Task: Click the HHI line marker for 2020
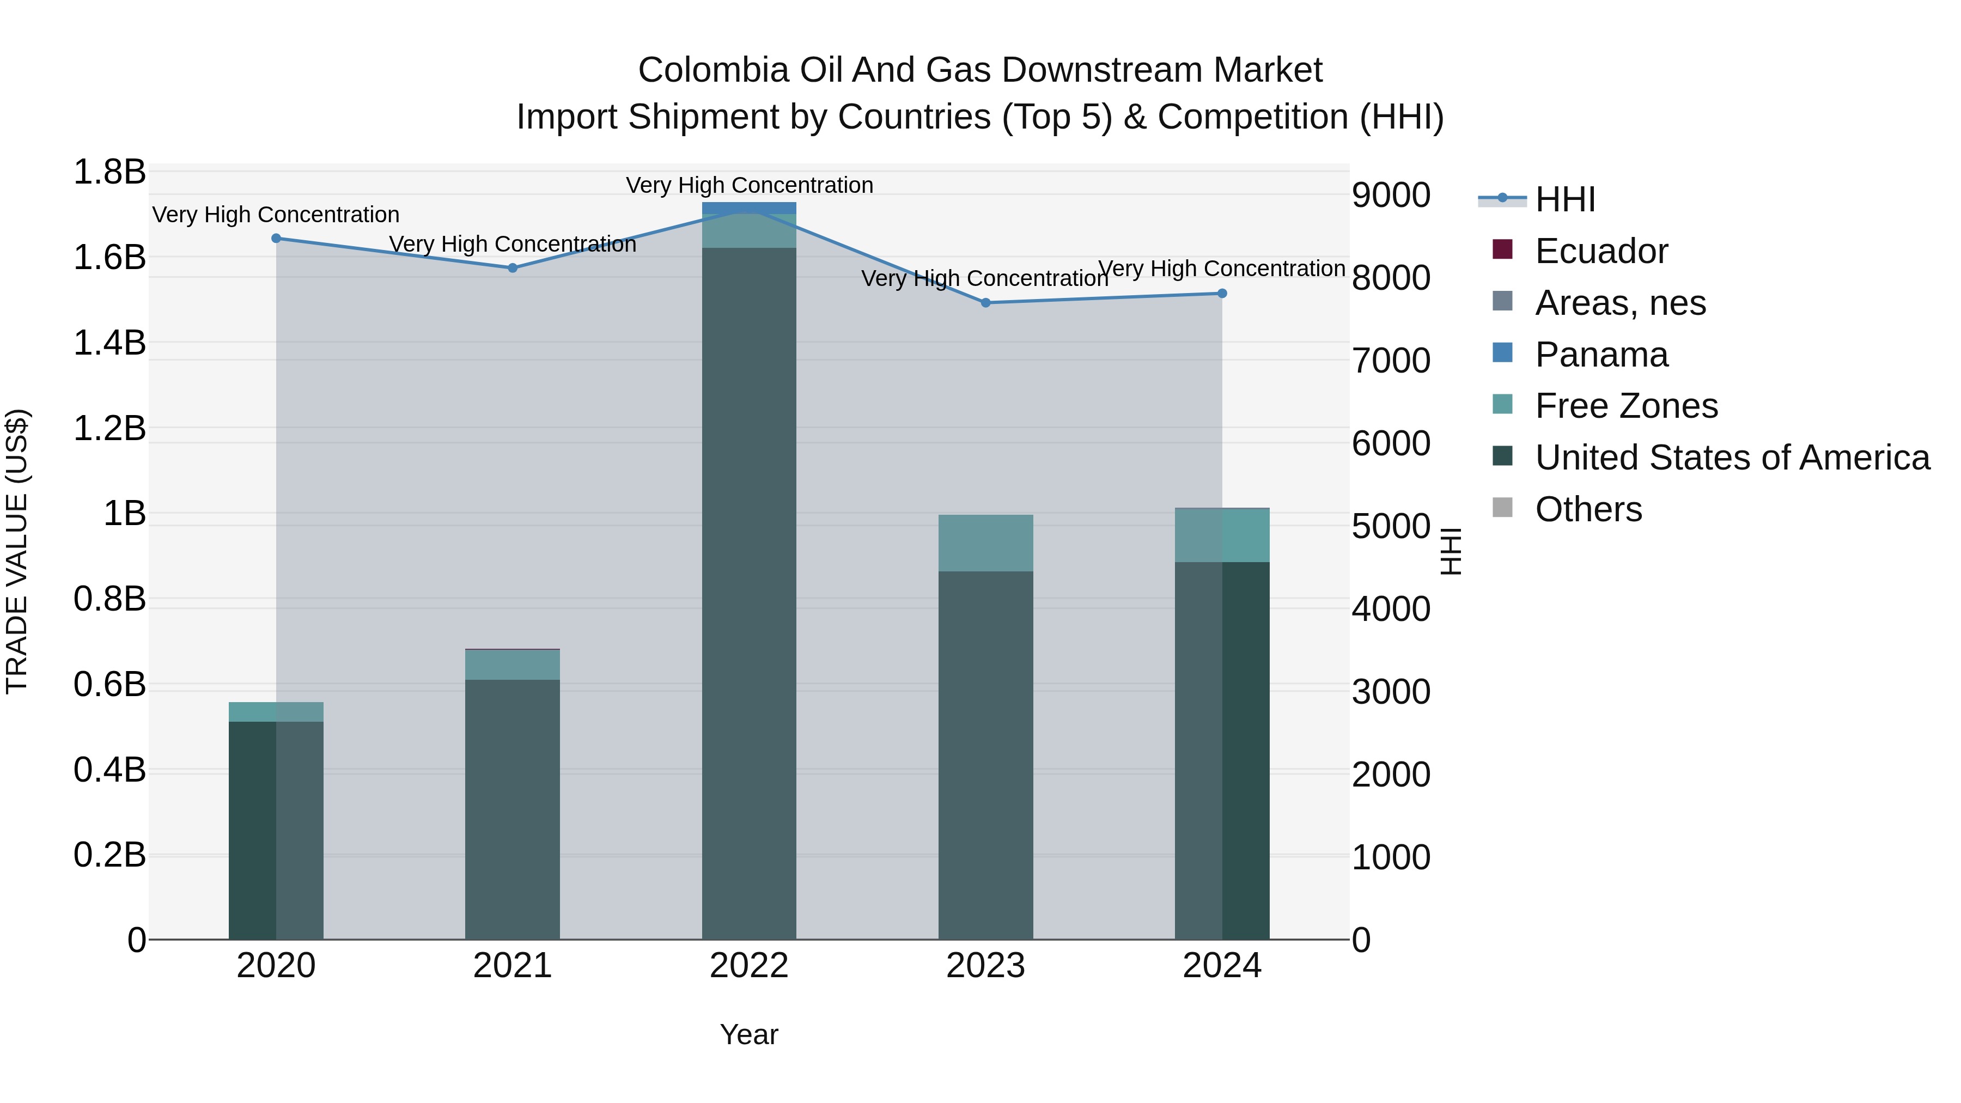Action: [x=276, y=238]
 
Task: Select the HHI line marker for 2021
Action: [x=513, y=268]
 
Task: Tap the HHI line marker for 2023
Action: [x=986, y=303]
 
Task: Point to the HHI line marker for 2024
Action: [x=1222, y=294]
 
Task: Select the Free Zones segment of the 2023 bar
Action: [x=986, y=543]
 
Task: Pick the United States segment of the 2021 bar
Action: [x=513, y=807]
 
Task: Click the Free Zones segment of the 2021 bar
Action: [x=513, y=665]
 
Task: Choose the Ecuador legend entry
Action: [x=1600, y=251]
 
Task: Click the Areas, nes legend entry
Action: [x=1619, y=303]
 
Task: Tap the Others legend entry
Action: [x=1587, y=509]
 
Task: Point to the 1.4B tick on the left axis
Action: [x=109, y=343]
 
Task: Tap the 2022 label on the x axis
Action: [x=749, y=966]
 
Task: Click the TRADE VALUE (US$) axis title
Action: [x=17, y=551]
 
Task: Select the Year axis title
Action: [x=749, y=1034]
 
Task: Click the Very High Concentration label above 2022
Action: [x=749, y=185]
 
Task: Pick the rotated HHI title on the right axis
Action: [x=1451, y=551]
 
